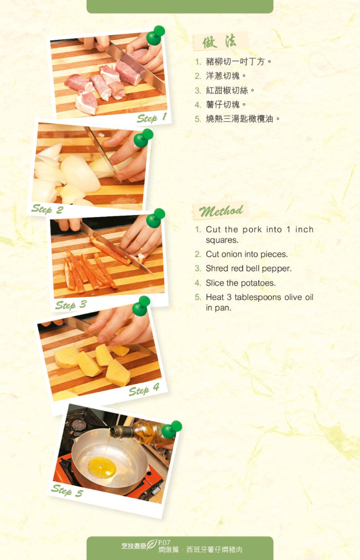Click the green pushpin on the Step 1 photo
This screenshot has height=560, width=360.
pos(155,35)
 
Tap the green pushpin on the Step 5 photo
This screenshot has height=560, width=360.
pos(171,430)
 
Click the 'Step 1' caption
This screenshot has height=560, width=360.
pos(152,118)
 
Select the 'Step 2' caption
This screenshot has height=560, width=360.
pos(47,209)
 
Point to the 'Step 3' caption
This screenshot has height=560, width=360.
pos(71,305)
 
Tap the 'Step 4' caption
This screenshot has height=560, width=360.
pos(144,390)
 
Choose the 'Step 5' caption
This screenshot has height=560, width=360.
pos(67,490)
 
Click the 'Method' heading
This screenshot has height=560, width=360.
pos(221,211)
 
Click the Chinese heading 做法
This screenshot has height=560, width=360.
pos(220,41)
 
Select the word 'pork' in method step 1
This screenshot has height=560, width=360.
pos(252,229)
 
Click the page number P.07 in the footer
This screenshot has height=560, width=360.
pos(164,542)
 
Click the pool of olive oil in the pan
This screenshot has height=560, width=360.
pos(102,467)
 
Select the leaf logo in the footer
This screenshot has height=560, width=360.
pos(152,545)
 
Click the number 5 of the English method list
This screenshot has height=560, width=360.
pos(198,297)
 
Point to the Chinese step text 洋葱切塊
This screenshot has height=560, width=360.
pos(223,76)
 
